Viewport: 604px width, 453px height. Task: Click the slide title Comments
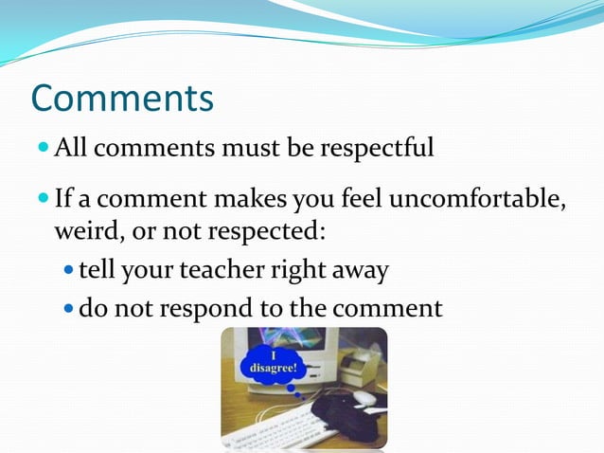click(122, 98)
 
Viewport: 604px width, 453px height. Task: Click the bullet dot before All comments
click(44, 148)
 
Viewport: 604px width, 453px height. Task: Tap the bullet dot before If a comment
click(44, 200)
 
